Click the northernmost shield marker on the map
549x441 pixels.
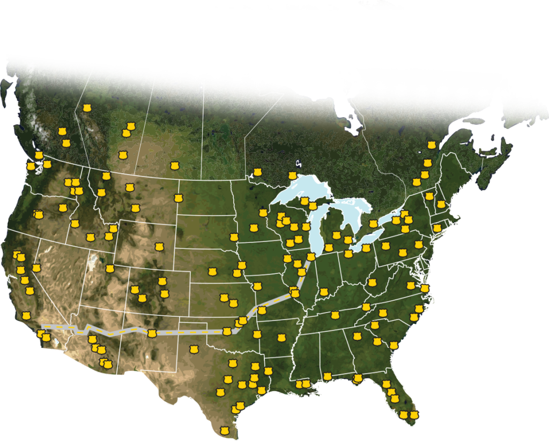click(x=87, y=108)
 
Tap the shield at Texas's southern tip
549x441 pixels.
click(x=225, y=430)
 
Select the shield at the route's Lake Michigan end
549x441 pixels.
click(x=310, y=257)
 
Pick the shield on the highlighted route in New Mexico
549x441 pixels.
click(x=152, y=333)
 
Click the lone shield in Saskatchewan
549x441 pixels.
click(x=174, y=166)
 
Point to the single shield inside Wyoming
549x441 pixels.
click(x=158, y=247)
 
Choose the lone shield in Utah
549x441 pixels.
click(x=110, y=269)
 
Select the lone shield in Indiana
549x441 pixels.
click(x=324, y=292)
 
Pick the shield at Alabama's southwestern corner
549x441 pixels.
click(x=306, y=384)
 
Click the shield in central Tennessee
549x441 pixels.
click(x=335, y=315)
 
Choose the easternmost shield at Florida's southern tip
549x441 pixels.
click(x=413, y=415)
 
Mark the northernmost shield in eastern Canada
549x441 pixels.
click(x=431, y=145)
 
